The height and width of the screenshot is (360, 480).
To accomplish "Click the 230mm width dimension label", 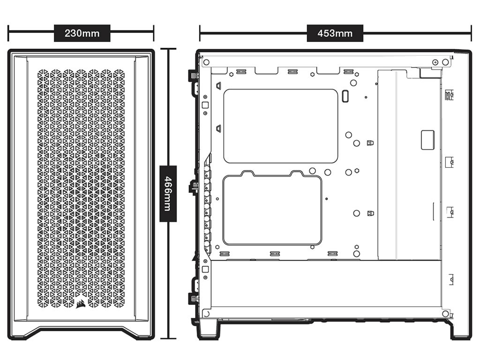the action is click(x=82, y=33).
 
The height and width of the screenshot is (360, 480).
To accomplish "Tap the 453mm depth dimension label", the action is click(x=335, y=33).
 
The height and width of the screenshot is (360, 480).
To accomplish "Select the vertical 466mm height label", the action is click(x=168, y=194).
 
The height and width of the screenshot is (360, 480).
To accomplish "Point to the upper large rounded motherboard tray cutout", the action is click(x=281, y=126).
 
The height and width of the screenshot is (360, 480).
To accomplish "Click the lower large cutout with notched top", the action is click(x=272, y=208).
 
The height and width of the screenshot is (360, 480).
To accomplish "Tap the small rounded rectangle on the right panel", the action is click(x=427, y=140).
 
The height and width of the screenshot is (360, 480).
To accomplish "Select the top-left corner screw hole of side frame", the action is click(x=206, y=62).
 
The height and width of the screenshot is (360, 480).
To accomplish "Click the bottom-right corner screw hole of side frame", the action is click(x=445, y=314).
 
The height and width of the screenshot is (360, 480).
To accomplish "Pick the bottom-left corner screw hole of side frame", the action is click(x=206, y=314).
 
